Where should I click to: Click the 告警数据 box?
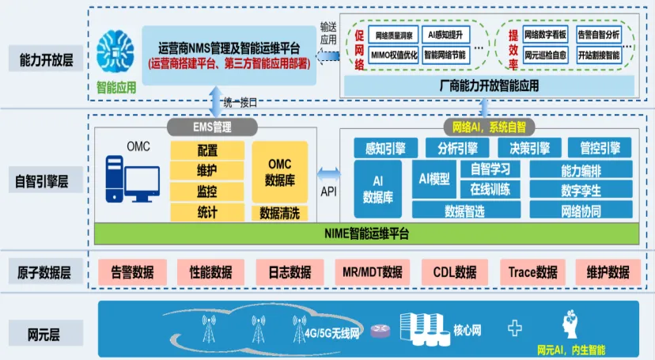(132, 271)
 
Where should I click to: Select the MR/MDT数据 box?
(372, 271)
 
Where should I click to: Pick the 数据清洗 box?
(280, 213)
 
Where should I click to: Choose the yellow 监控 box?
(207, 191)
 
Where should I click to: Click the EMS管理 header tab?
(211, 127)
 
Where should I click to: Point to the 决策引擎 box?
(529, 148)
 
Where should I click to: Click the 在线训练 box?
(490, 189)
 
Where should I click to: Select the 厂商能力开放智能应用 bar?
(488, 84)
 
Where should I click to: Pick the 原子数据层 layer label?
(44, 273)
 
